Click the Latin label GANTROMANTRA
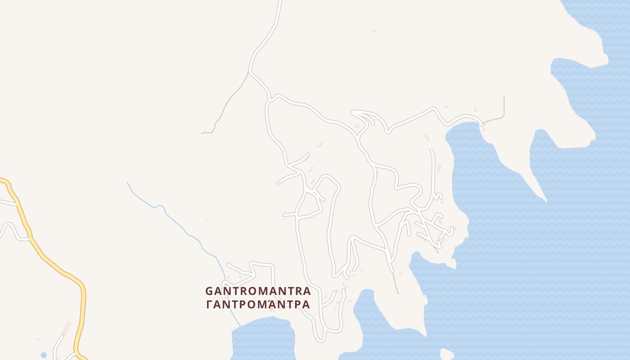[x=258, y=291]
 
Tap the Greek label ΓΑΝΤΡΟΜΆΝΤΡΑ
[x=258, y=305]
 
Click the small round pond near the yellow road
[x=44, y=355]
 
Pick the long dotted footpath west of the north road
[x=227, y=101]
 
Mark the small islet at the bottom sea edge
[x=446, y=354]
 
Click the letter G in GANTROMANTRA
[x=209, y=291]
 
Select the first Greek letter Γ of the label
[x=209, y=305]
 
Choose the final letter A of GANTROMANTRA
[x=306, y=291]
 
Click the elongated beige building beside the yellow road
[x=67, y=328]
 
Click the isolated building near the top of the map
[x=373, y=31]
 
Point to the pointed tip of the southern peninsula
[x=425, y=335]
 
